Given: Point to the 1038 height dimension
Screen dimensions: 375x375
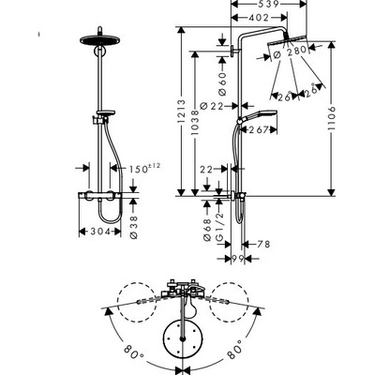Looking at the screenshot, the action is (x=195, y=123).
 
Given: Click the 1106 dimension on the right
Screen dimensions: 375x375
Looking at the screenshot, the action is (x=332, y=118).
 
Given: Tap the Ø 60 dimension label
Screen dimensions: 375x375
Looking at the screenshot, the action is (x=222, y=83).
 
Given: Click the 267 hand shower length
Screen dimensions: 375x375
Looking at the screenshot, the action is (x=259, y=129).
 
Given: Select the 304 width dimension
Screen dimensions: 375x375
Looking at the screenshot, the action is (x=100, y=232).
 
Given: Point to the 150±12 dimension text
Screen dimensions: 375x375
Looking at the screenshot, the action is (x=144, y=169).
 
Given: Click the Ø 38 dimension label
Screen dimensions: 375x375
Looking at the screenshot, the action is (x=134, y=227).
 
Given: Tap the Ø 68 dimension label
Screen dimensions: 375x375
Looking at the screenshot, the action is (x=207, y=230).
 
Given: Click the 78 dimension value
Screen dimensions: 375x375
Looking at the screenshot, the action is (x=263, y=244).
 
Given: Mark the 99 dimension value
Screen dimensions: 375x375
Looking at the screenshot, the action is (x=238, y=259).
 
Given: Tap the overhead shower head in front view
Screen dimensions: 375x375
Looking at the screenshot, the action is (x=100, y=39).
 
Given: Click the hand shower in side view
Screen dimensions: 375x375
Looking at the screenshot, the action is (x=259, y=114).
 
